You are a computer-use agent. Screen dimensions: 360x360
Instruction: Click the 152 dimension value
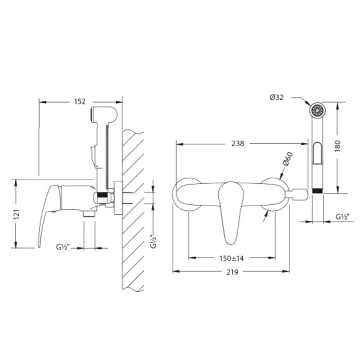coord(80,102)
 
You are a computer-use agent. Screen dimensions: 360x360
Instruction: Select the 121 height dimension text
coord(17,214)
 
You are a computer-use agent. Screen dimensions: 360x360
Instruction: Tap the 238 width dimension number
coord(238,144)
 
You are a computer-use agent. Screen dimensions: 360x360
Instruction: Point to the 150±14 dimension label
coord(232,258)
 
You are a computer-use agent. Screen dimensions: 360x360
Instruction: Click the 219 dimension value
coord(233,272)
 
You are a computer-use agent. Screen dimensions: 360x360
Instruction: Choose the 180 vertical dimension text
coord(338,146)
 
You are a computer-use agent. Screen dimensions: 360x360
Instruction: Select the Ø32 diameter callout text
coord(277,97)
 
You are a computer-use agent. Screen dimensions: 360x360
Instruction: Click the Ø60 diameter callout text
coord(288,158)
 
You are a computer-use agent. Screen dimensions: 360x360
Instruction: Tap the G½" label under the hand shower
coord(342,216)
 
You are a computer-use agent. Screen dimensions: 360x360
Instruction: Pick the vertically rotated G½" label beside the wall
coord(153,242)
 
